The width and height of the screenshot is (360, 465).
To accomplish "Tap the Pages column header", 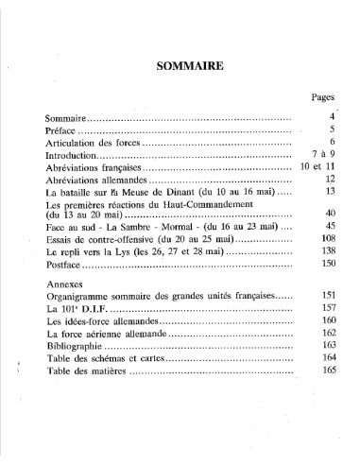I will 323,96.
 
